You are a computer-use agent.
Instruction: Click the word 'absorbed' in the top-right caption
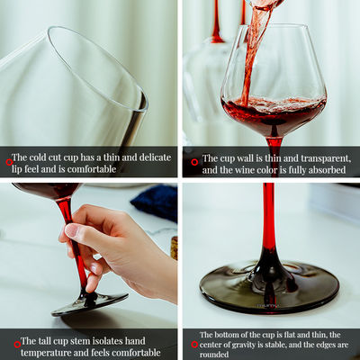pos(323,168)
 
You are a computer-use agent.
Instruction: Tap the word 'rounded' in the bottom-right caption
pos(217,355)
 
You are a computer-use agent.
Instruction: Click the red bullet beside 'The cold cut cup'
pos(10,162)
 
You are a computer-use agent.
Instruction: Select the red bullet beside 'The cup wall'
pos(193,163)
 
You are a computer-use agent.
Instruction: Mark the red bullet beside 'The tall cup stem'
pos(17,343)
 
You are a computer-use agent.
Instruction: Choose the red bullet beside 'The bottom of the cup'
pos(193,345)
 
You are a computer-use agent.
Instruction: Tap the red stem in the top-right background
pos(216,22)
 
